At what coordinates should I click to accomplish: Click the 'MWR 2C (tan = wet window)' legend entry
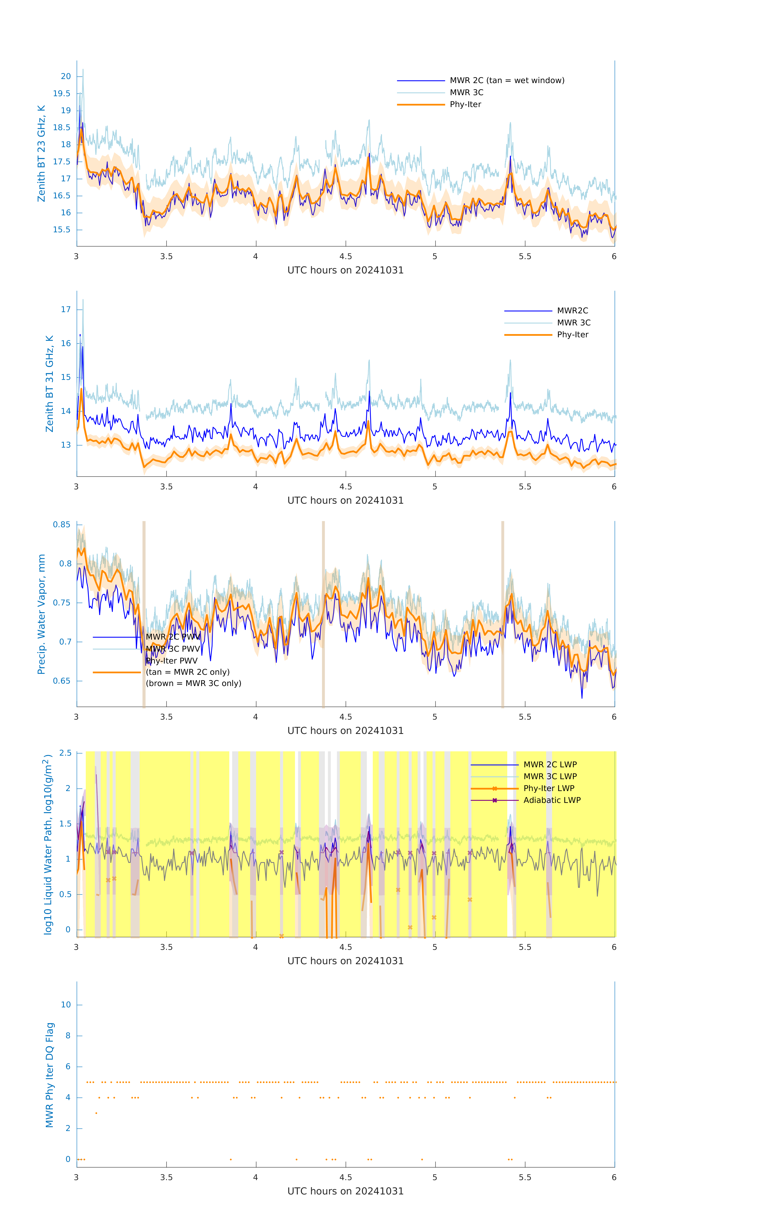coord(506,81)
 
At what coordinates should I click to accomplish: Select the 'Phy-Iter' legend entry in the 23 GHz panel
coord(465,105)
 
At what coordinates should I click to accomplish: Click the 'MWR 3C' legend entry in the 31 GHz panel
coord(573,323)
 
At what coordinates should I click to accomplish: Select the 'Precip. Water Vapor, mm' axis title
coord(41,614)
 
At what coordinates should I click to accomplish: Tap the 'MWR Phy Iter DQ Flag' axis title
coord(50,1075)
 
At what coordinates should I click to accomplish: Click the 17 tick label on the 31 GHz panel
coord(66,309)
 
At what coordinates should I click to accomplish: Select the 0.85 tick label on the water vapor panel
coord(62,525)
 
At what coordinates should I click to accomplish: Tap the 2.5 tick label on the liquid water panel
coord(65,753)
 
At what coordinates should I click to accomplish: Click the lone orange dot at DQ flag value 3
coord(96,1113)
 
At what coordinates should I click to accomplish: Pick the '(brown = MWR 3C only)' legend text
coord(193,683)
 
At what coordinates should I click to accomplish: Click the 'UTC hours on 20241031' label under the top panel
coord(345,270)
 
